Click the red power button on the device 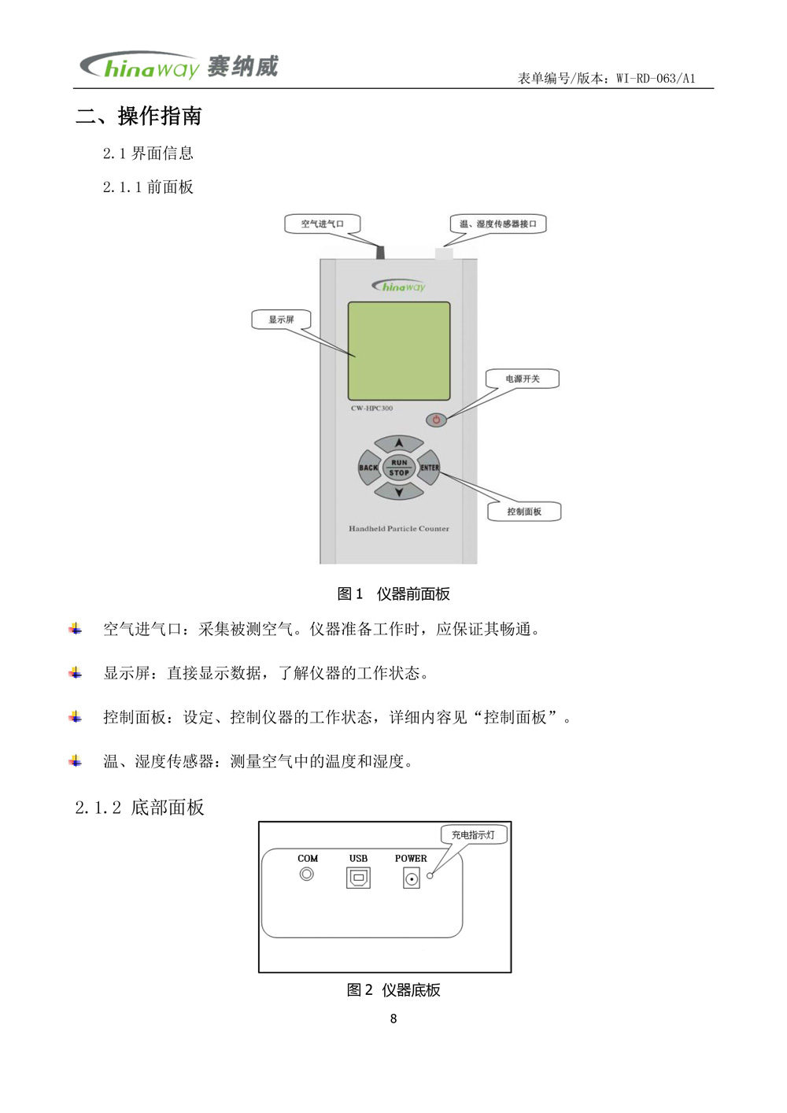(436, 420)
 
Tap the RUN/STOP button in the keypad (399, 468)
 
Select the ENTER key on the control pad (430, 468)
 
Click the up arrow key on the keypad (399, 444)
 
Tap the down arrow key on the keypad (399, 493)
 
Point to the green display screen (399, 351)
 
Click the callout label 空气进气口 (323, 224)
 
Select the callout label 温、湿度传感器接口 (497, 224)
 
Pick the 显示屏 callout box (281, 320)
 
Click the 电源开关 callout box (523, 379)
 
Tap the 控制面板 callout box (524, 512)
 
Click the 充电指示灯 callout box (473, 835)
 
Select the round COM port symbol (307, 874)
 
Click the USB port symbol (358, 877)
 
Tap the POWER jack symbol (412, 878)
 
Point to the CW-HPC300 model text (371, 409)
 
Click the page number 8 (393, 1019)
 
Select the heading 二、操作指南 (139, 116)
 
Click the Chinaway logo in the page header (179, 67)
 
